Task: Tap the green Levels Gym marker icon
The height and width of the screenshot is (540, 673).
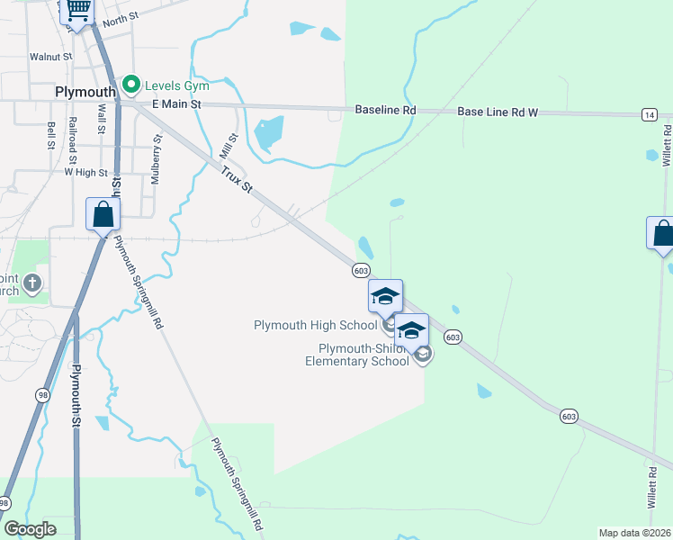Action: click(131, 85)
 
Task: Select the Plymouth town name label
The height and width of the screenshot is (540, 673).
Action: click(85, 92)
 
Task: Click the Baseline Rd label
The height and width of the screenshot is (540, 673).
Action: click(385, 110)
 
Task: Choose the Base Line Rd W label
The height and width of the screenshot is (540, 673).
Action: click(498, 112)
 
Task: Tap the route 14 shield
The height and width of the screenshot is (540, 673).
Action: click(650, 114)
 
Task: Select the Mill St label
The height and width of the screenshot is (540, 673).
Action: click(229, 143)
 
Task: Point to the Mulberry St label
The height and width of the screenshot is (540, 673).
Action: click(156, 159)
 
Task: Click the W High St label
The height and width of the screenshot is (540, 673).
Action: click(85, 173)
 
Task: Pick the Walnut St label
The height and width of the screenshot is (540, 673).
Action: click(50, 57)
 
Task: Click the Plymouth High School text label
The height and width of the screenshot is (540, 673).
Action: click(315, 325)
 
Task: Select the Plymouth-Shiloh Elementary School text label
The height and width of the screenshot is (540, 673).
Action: click(356, 355)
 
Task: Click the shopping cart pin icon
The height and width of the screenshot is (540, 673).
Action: click(77, 10)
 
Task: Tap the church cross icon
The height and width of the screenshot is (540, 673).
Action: click(31, 284)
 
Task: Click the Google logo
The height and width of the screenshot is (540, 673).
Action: click(30, 529)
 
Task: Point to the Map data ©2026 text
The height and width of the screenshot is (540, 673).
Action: click(634, 533)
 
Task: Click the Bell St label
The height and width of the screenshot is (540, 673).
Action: click(50, 136)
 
